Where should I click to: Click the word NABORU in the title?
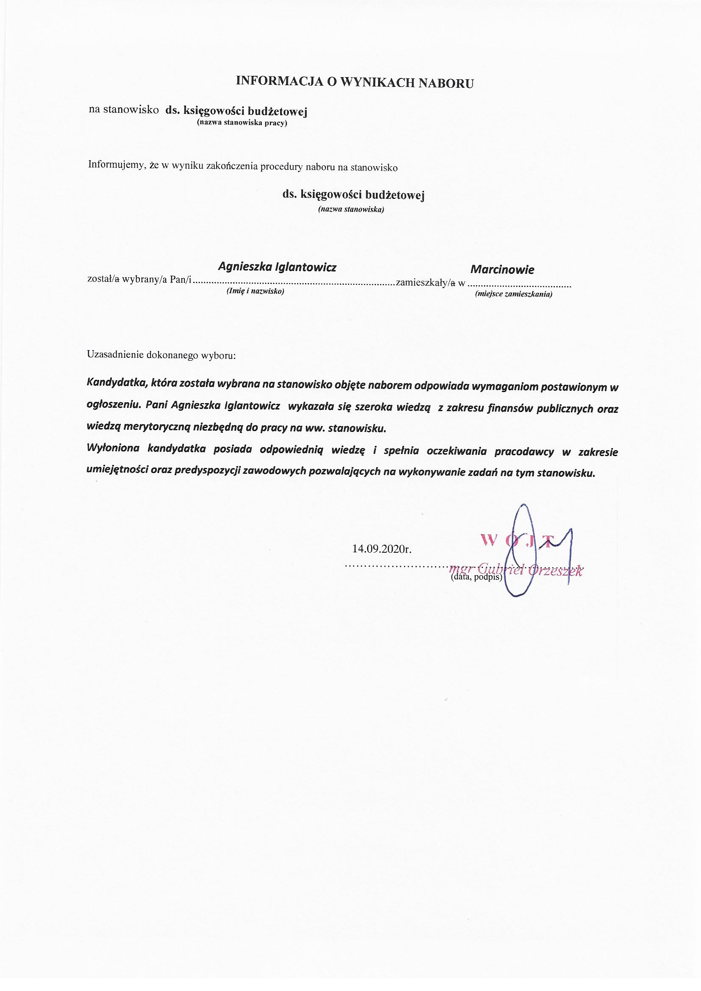[446, 83]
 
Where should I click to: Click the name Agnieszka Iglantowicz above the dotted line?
[277, 267]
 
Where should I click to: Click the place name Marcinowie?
[502, 270]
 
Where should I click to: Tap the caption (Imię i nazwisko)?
[255, 291]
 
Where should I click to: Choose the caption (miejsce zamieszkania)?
[514, 295]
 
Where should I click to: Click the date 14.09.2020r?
[381, 549]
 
